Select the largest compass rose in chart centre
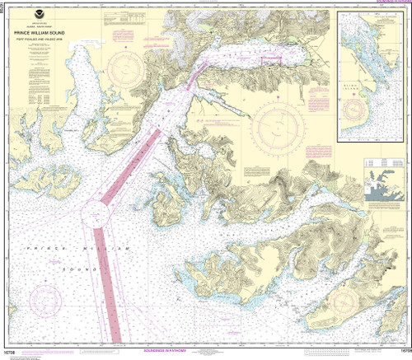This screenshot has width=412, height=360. point(279,129)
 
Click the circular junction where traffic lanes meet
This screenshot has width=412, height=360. point(98,217)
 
